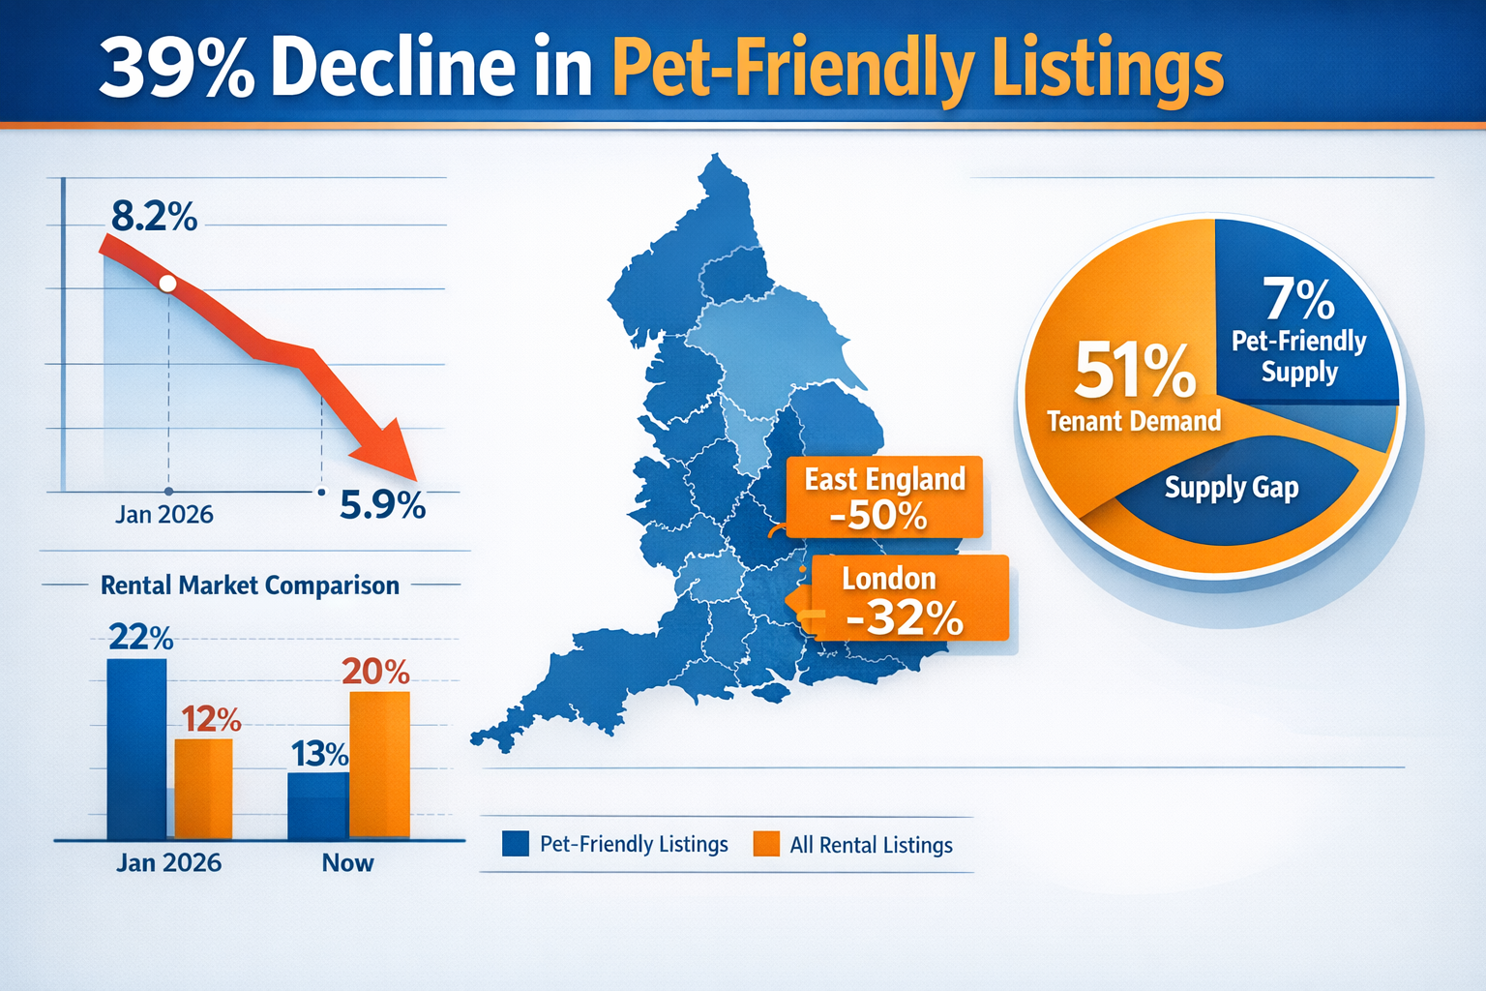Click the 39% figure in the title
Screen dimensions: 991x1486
(177, 68)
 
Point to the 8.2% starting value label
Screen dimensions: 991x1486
(154, 216)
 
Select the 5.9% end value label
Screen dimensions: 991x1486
(382, 504)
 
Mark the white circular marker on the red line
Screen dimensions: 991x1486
(167, 284)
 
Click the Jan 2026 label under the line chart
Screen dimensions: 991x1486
(163, 514)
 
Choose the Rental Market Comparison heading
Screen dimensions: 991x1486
(250, 586)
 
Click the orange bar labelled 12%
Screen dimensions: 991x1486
(203, 788)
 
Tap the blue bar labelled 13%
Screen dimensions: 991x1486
(317, 804)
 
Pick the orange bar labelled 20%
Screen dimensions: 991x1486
(379, 764)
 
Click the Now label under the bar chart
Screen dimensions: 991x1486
(347, 862)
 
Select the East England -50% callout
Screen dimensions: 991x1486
(883, 497)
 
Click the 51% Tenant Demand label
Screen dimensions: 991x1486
(1134, 387)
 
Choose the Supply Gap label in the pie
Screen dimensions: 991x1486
(1231, 487)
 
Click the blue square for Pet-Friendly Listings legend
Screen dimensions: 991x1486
(516, 844)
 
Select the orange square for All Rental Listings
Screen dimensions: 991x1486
(766, 844)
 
